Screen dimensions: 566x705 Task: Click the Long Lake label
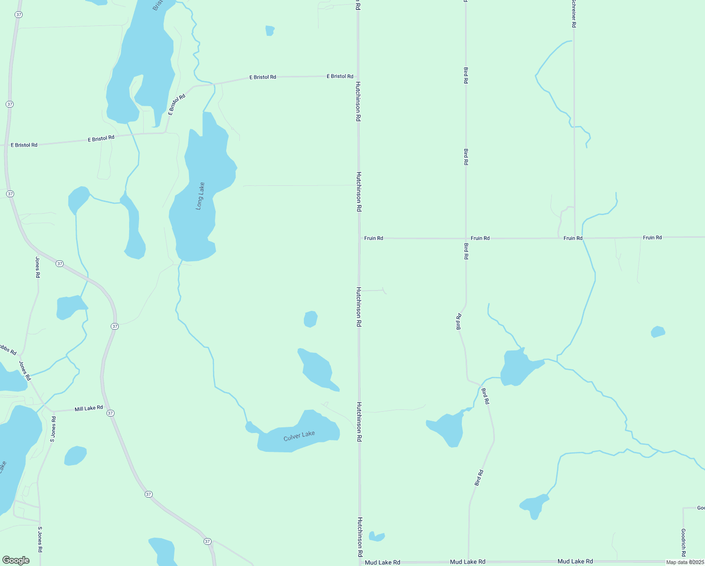[x=200, y=196]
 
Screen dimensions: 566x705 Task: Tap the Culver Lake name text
[x=299, y=436]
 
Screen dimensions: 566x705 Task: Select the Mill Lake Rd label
[x=89, y=408]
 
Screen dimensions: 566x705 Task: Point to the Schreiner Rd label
[x=574, y=14]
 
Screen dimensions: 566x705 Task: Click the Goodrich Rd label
[x=683, y=542]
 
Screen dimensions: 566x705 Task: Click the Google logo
[x=16, y=560]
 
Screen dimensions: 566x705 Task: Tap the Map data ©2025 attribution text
[x=685, y=562]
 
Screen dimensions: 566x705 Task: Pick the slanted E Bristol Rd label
[x=177, y=104]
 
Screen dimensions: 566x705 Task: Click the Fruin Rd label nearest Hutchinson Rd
[x=374, y=238]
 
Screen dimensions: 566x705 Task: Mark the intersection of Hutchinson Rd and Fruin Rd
[x=359, y=239]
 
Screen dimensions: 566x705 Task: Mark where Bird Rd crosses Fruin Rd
[x=466, y=239]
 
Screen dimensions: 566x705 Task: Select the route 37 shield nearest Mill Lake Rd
[x=110, y=413]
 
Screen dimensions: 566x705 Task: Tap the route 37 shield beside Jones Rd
[x=59, y=264]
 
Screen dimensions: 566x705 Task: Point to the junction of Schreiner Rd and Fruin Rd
[x=574, y=238]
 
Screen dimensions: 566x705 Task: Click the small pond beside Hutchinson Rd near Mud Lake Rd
[x=377, y=536]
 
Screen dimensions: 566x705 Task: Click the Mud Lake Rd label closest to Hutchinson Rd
[x=382, y=562]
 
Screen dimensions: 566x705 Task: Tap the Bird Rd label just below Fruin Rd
[x=466, y=251]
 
